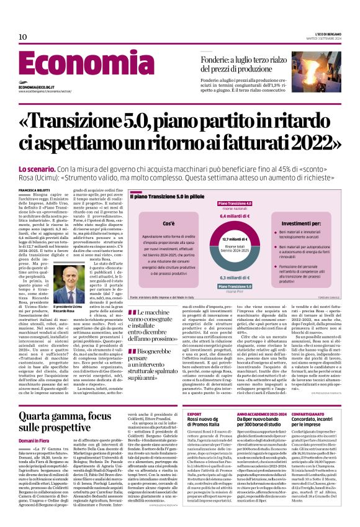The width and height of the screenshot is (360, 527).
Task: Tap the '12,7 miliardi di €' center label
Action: tap(235, 238)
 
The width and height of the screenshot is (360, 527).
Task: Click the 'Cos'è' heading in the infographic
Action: tap(168, 222)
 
